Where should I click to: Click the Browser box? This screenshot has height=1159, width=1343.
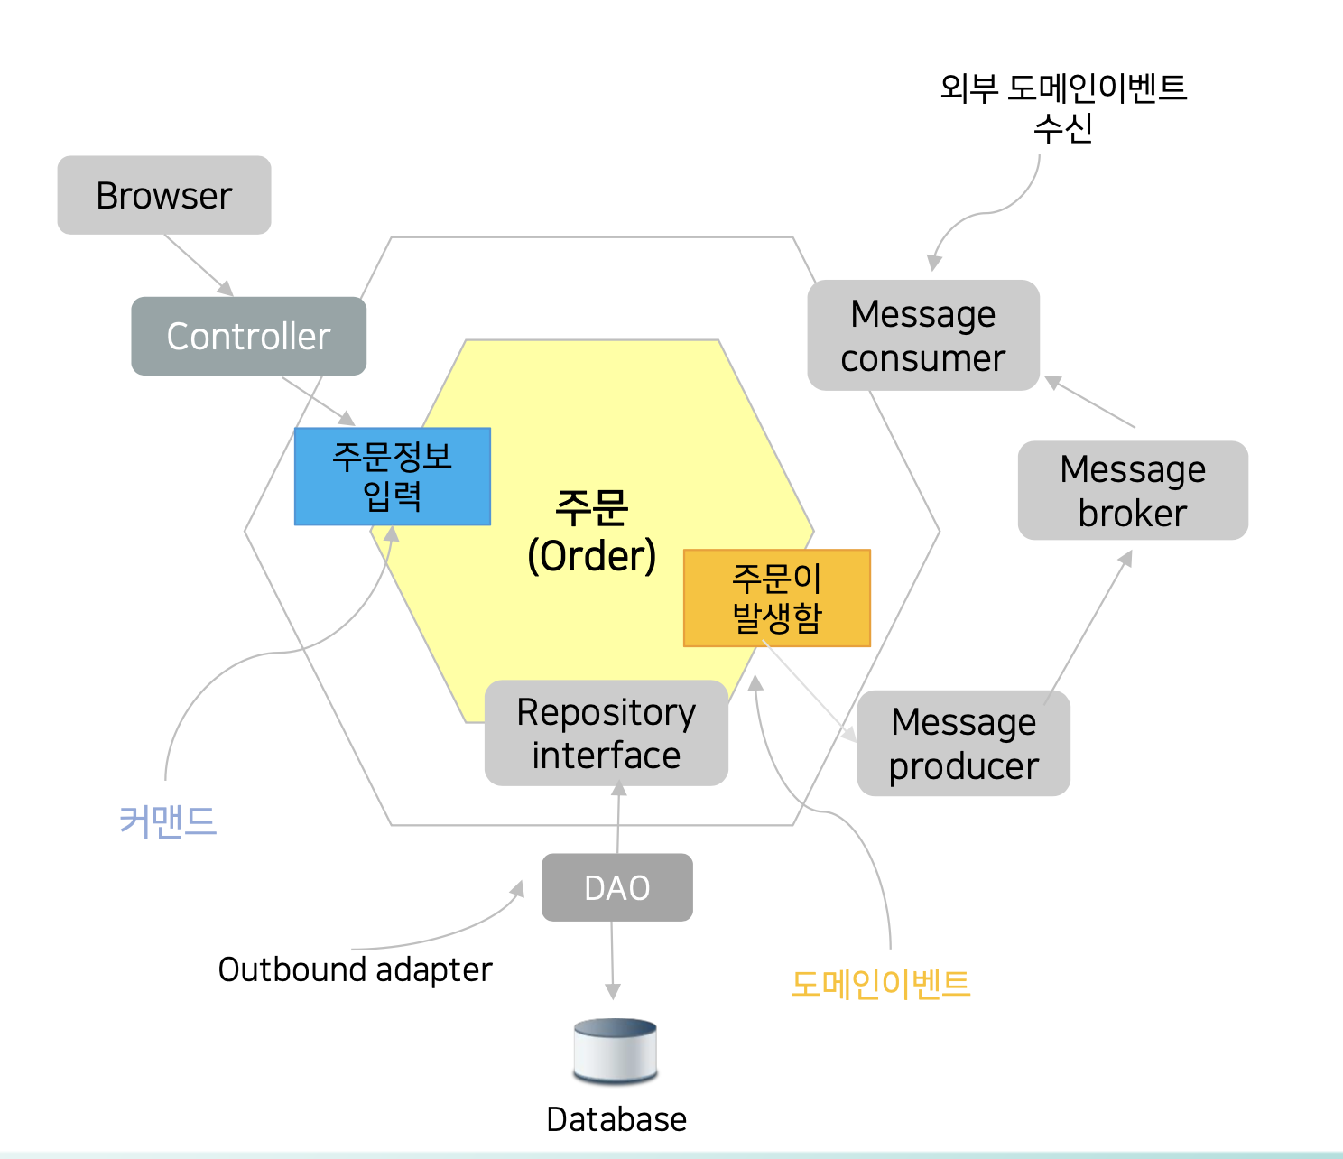tap(164, 195)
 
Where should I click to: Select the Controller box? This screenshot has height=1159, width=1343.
tap(248, 336)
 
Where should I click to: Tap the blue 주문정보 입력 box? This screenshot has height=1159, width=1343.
tap(393, 477)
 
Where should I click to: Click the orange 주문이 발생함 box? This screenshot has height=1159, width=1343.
tap(777, 598)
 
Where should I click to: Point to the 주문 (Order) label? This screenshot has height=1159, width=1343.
tap(591, 533)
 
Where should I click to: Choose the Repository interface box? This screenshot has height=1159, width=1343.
tap(606, 733)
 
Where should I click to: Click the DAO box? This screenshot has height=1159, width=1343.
tap(616, 887)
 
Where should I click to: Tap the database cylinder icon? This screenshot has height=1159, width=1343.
tap(616, 1051)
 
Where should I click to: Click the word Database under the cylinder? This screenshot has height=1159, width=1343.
tap(616, 1119)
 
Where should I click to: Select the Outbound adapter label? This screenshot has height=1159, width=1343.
tap(355, 969)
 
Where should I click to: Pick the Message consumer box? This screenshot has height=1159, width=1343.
tap(922, 336)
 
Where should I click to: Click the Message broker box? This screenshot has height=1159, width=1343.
tap(1132, 490)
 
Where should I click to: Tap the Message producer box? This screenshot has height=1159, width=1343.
tap(963, 743)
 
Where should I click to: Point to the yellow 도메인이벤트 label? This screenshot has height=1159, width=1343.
tap(880, 983)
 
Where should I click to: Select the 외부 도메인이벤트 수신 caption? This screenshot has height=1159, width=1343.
tap(1062, 107)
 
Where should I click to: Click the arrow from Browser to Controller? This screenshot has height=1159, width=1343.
tap(199, 264)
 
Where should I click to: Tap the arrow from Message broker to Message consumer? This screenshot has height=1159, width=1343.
tap(1090, 403)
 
